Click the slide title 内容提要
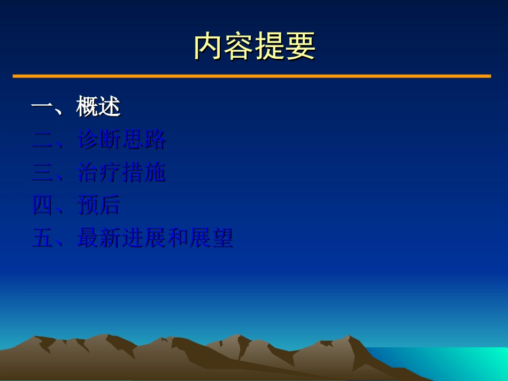tap(255, 46)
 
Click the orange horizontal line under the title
tap(251, 76)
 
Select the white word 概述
tap(98, 107)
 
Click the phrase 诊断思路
tap(121, 140)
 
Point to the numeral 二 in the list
tap(42, 141)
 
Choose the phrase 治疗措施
tap(121, 173)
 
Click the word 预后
tap(99, 205)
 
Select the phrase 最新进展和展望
tap(155, 238)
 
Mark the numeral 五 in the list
tap(42, 238)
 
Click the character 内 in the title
tap(209, 46)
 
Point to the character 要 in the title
tap(301, 46)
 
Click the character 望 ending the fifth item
tap(222, 238)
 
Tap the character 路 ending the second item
tap(155, 140)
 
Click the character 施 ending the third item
tap(155, 173)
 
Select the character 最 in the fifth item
tap(88, 238)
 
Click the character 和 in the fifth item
tap(178, 238)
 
